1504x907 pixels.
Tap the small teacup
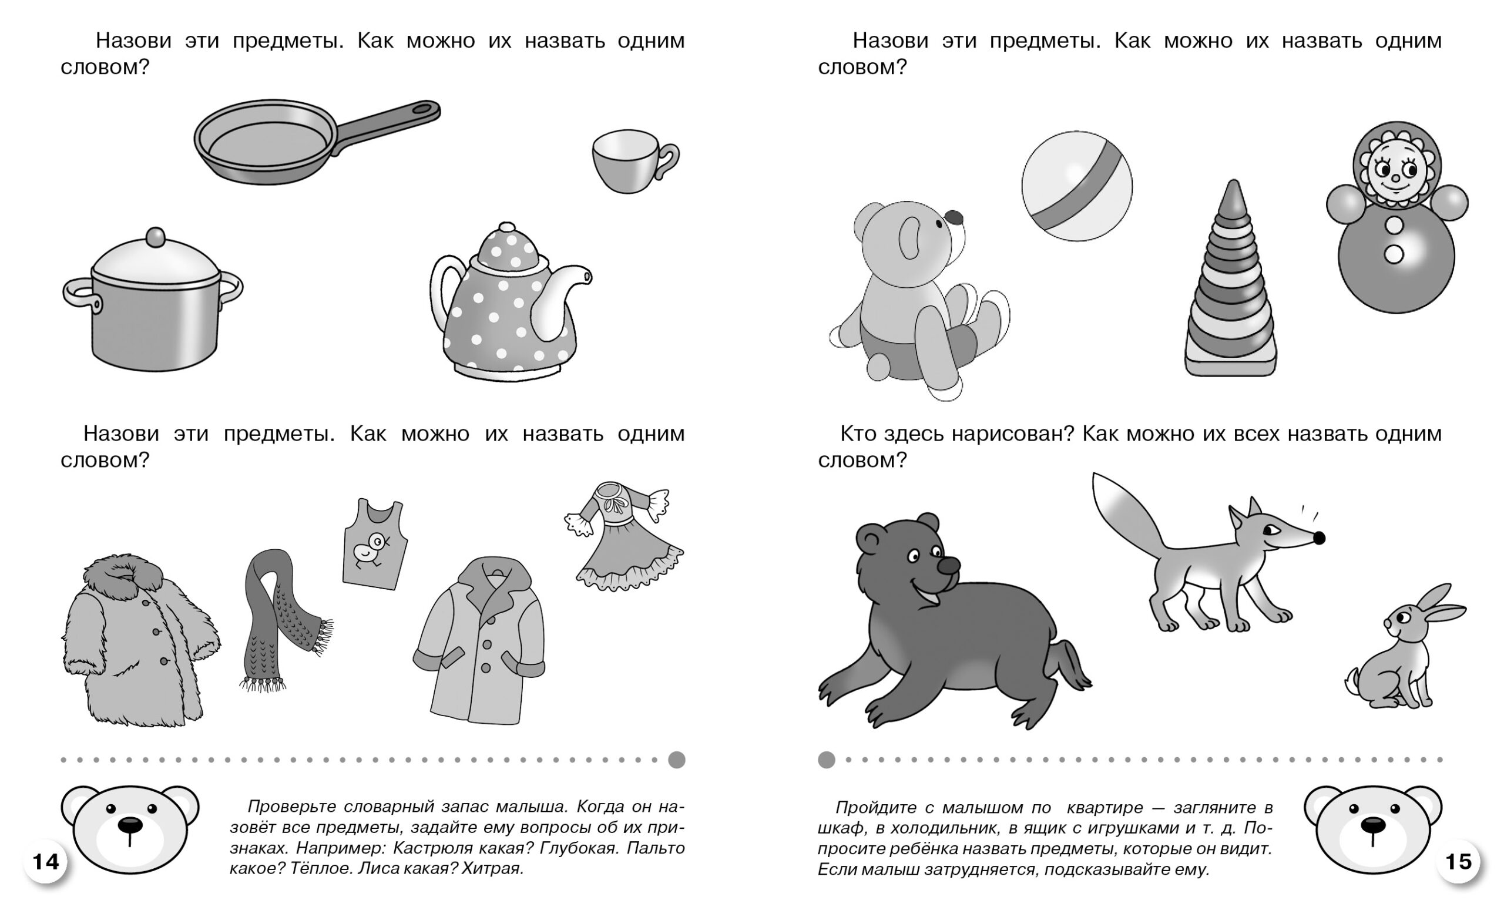633,161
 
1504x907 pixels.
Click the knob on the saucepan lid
156,237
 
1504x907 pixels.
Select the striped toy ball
1077,186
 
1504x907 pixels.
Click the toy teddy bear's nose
954,218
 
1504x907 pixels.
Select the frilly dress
626,536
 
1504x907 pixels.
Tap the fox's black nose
1318,538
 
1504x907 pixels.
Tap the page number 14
45,862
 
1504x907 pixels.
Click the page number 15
1459,862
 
